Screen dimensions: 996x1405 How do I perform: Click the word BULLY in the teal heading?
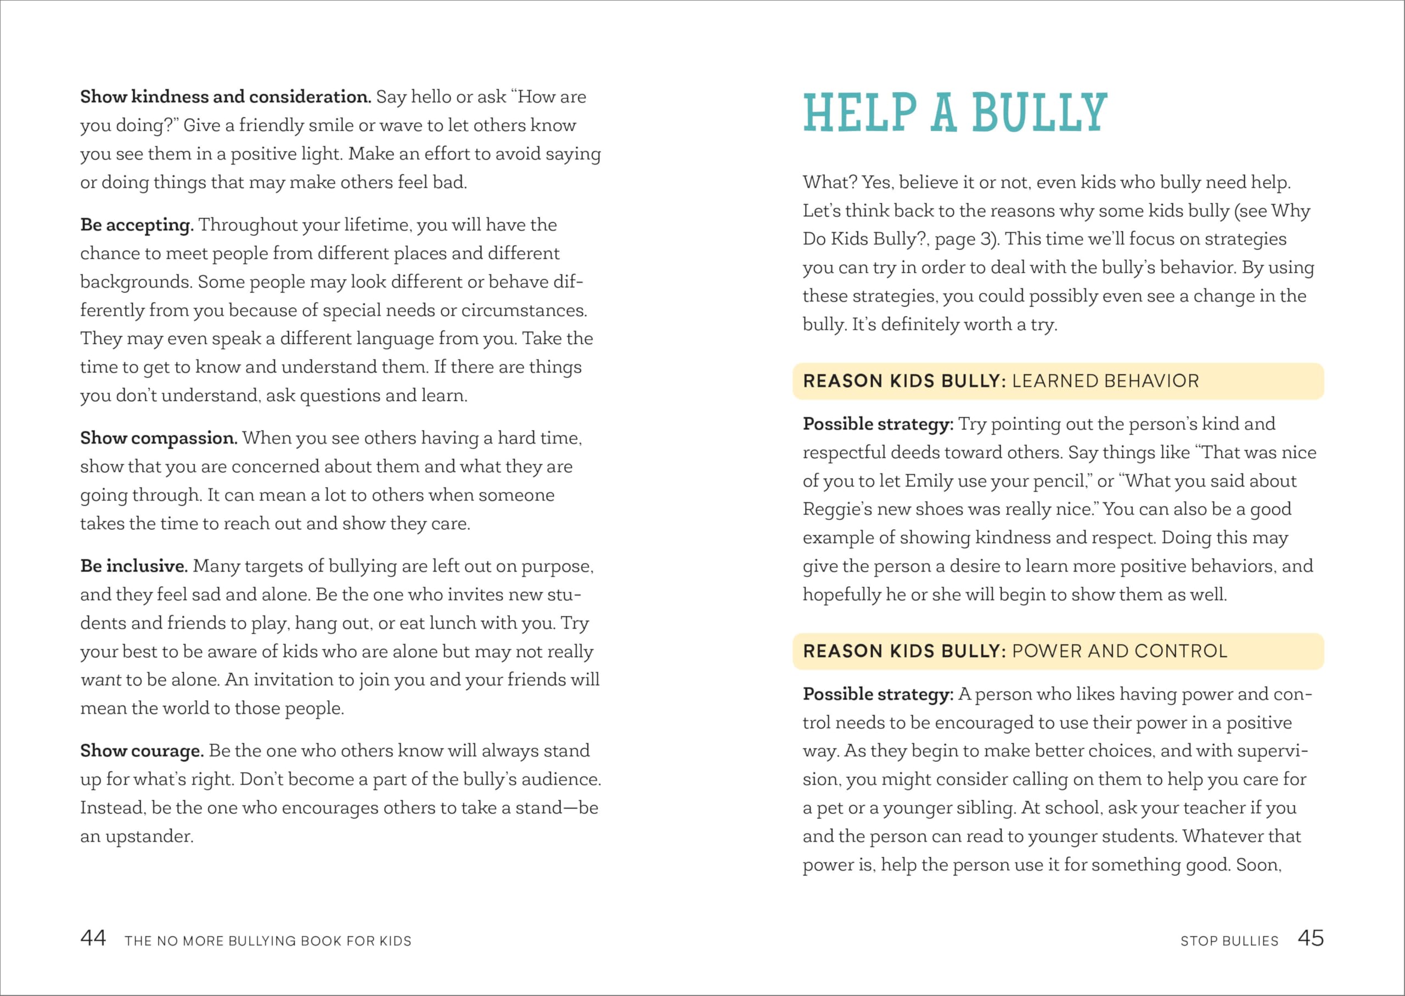tap(1039, 113)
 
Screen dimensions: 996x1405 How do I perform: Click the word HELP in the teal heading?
tap(859, 113)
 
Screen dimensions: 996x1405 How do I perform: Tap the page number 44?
tap(93, 938)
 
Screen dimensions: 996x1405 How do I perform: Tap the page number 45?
tap(1311, 938)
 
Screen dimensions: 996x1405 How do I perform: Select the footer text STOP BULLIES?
tap(1229, 941)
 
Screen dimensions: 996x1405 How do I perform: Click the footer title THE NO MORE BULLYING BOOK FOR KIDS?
tap(268, 941)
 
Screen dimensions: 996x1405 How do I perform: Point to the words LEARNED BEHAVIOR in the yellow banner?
tap(1105, 381)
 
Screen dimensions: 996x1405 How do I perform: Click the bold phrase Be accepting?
tap(137, 225)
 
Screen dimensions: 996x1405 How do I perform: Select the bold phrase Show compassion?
tap(158, 438)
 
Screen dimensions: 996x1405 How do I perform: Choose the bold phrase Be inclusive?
tap(134, 566)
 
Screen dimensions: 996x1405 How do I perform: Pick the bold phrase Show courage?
tap(142, 751)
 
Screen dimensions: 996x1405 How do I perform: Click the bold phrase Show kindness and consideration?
tap(225, 97)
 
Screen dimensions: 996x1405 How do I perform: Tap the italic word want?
tap(100, 680)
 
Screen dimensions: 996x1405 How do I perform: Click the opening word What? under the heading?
tap(829, 182)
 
